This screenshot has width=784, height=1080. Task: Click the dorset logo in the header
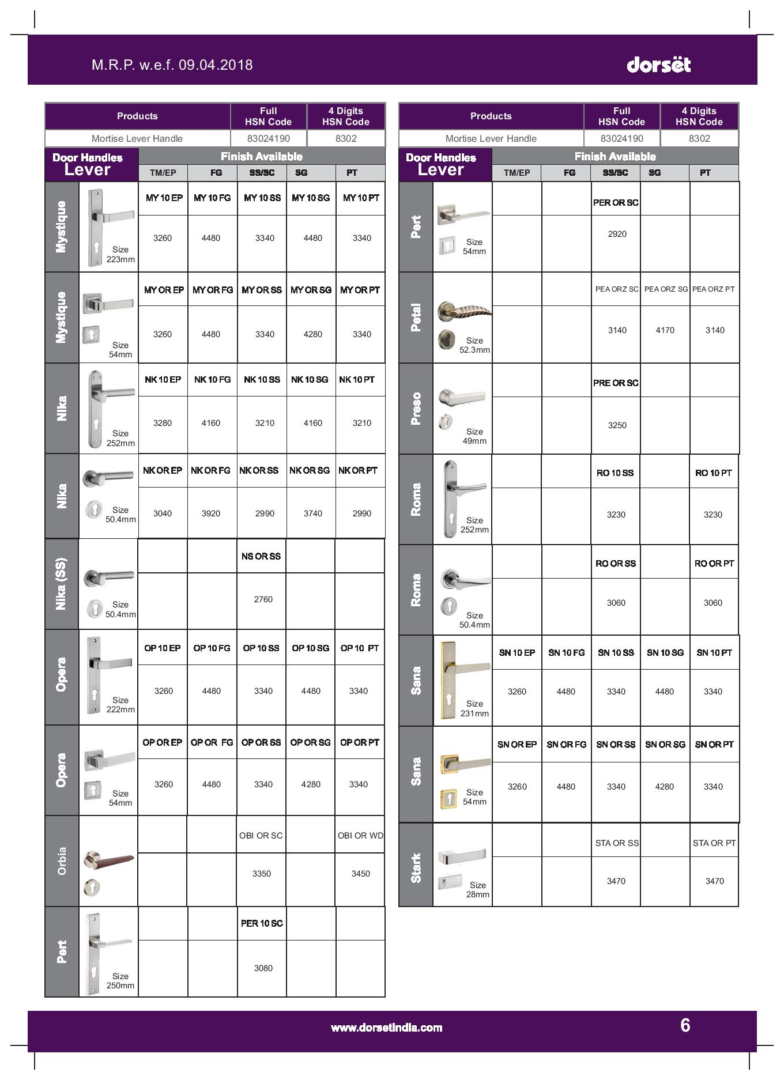(658, 64)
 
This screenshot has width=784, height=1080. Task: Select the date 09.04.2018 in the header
(216, 65)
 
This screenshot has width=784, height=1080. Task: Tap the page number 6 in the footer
(685, 1025)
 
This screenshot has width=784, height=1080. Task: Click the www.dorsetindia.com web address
(386, 1028)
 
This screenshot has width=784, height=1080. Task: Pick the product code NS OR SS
(261, 556)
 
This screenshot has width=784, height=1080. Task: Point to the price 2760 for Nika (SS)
(263, 599)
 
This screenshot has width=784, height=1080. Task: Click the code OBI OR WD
(360, 835)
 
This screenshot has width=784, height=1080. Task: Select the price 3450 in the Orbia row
(360, 874)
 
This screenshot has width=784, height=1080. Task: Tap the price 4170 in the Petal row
(665, 330)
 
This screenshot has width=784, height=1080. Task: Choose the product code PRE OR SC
(616, 383)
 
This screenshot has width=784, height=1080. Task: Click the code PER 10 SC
(262, 923)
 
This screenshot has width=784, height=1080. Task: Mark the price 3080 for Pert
(263, 968)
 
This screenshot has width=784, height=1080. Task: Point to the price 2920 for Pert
(617, 234)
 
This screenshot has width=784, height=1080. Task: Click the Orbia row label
(62, 861)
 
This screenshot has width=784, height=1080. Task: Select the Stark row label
(416, 868)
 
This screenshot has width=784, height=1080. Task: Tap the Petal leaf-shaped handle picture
(464, 311)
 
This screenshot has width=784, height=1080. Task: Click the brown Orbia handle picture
(109, 860)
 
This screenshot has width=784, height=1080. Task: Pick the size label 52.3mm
(474, 345)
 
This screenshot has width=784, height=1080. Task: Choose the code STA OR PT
(714, 843)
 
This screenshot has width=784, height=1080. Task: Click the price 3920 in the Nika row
(211, 513)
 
